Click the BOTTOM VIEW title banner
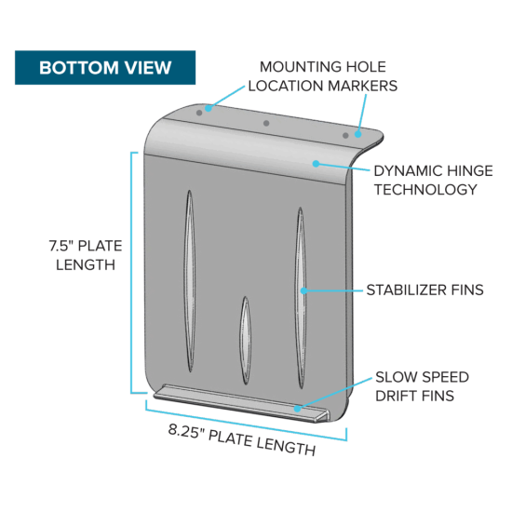coord(105,68)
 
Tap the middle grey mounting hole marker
coord(266,123)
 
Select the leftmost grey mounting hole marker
coord(199,113)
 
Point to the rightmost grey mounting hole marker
coord(345,136)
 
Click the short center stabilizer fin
coord(246,340)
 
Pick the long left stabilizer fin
coord(190,281)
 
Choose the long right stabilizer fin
coord(301,298)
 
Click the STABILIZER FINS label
coord(424,290)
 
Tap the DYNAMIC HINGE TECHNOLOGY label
coord(433,181)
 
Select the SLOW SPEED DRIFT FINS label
coord(422,386)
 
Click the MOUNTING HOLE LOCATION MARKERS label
coord(323,76)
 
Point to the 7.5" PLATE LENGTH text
coord(86,255)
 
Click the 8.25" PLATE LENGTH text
coord(242,439)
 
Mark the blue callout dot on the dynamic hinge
coord(316,163)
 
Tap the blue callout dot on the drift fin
coord(298,409)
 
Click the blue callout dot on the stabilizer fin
coord(303,290)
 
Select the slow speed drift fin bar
coord(241,402)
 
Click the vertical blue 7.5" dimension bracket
coord(131,273)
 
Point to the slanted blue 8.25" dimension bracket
coord(246,420)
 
